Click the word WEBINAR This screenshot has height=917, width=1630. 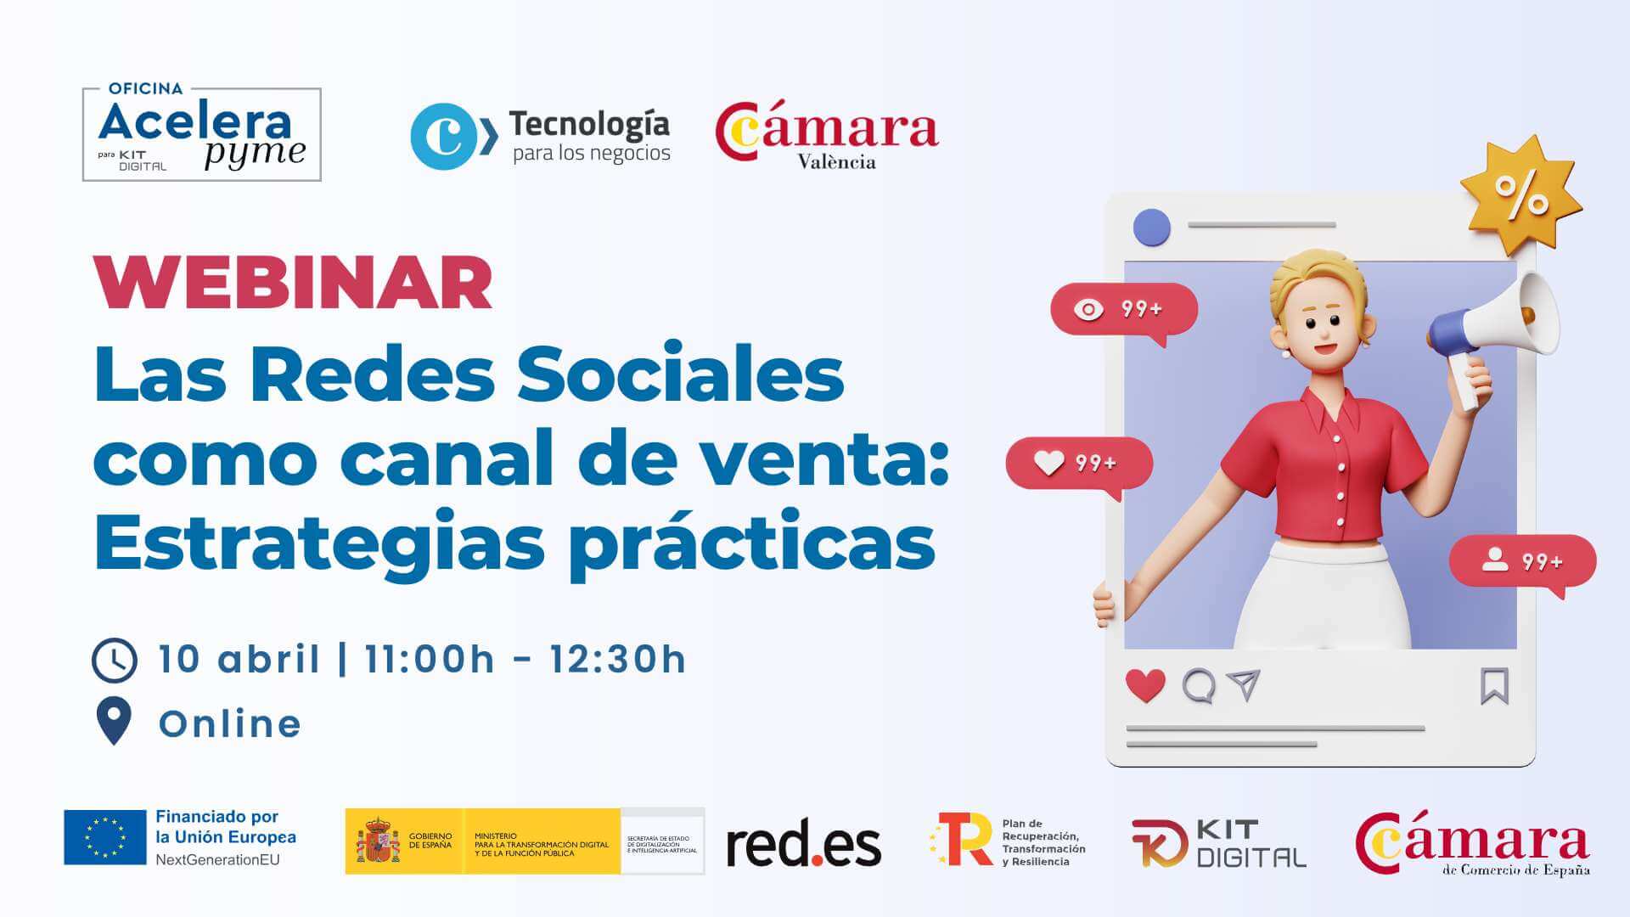point(293,284)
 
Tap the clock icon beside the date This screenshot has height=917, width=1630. point(115,660)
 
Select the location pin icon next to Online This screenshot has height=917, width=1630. point(114,720)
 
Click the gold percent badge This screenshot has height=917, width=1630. point(1520,196)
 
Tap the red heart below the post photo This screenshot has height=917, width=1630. point(1145,685)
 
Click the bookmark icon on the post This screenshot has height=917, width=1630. point(1494,686)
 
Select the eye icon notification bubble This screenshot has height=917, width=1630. point(1123,310)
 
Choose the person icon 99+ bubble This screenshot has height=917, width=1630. point(1522,562)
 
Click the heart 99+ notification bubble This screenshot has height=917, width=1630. point(1078,464)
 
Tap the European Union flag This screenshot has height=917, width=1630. point(105,837)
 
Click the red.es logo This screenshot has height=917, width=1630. point(803,844)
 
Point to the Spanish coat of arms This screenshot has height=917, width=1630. point(377,841)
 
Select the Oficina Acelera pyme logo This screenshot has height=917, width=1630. point(202,134)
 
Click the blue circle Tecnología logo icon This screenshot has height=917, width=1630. point(444,137)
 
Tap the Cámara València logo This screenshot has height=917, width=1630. point(827,136)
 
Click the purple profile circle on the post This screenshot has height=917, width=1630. point(1152,227)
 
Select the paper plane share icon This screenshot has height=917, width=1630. point(1244,684)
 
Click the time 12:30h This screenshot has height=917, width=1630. point(617,660)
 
